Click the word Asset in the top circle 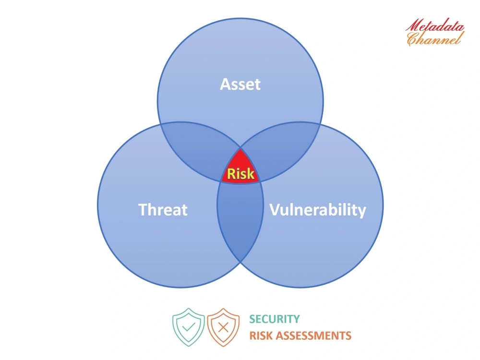[x=240, y=84]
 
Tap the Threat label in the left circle [x=163, y=210]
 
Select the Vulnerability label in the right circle [x=317, y=210]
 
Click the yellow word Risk [x=240, y=174]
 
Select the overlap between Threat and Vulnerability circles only [x=240, y=226]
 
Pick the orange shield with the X [x=223, y=328]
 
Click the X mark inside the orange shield [x=223, y=328]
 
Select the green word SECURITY [x=274, y=319]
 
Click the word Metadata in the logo [x=434, y=25]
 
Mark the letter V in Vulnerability [x=274, y=210]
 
